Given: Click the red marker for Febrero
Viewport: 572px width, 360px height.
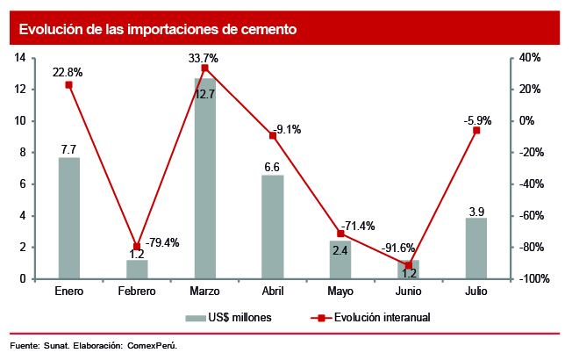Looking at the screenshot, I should (x=137, y=247).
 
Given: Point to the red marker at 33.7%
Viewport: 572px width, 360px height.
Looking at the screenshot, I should (x=204, y=68).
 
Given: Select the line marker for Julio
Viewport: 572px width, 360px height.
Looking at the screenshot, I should (x=476, y=130).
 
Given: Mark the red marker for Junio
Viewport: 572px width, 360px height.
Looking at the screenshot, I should (x=409, y=265).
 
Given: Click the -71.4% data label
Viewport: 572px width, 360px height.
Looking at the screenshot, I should (x=357, y=226).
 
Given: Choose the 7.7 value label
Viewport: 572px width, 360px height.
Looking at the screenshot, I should (x=68, y=149).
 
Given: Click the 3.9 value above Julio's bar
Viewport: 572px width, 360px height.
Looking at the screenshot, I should (x=476, y=210).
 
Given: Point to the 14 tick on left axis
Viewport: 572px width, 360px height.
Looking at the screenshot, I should (x=19, y=58).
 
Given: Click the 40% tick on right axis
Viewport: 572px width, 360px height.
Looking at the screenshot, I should (x=532, y=58).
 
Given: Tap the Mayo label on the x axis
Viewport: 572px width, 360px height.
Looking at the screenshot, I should (x=340, y=291).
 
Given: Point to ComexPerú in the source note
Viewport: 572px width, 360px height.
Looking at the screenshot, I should (x=153, y=345).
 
